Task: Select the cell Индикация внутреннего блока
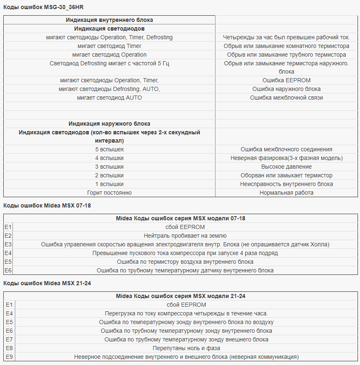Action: tap(109, 20)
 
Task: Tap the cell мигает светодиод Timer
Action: tap(109, 46)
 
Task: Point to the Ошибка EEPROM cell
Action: tap(287, 80)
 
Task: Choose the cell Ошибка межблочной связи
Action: tap(287, 98)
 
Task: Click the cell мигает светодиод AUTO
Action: tap(109, 98)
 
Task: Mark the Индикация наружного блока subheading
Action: tap(109, 124)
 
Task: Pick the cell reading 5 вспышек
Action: tap(109, 149)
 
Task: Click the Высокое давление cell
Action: tap(287, 167)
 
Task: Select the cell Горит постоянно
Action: tap(109, 193)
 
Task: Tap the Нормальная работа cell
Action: tap(287, 193)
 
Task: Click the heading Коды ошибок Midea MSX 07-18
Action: tap(47, 205)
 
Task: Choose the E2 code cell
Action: tap(8, 236)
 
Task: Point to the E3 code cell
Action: tap(8, 244)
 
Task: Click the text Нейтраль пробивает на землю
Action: tap(185, 236)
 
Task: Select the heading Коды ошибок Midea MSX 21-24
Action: tap(47, 283)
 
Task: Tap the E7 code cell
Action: tap(9, 339)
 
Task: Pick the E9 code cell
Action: tap(9, 357)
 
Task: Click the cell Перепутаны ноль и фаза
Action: tap(187, 348)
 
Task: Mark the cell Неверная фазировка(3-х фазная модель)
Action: tap(287, 158)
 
